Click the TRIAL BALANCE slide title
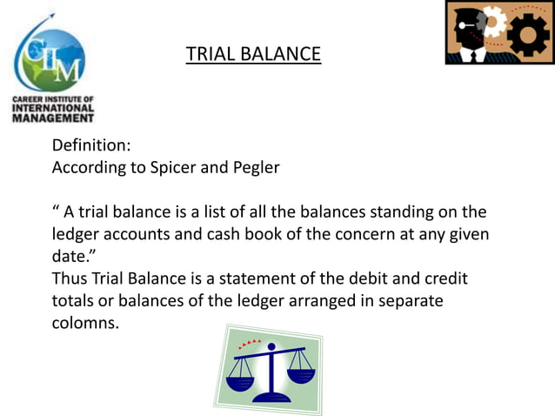(253, 54)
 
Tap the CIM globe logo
(50, 59)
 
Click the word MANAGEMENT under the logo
(53, 117)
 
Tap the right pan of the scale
(300, 376)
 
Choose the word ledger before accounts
(77, 235)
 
